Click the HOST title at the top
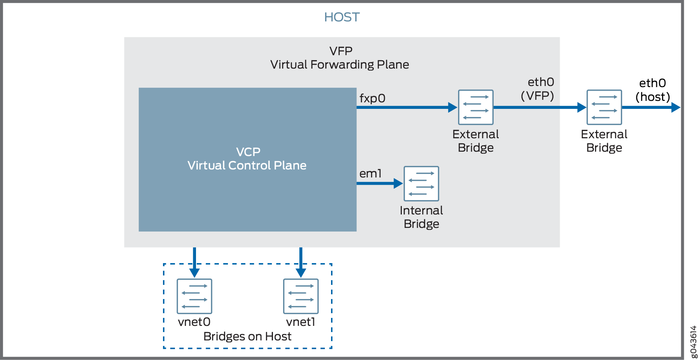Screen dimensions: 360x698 pos(342,17)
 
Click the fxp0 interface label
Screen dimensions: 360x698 pos(372,98)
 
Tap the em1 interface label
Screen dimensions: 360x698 pos(370,174)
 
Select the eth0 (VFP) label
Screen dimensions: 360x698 pos(538,89)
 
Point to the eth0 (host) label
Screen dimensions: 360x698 pos(652,90)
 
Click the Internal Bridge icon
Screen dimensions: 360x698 pos(421,184)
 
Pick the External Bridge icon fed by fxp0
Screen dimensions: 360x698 pos(475,107)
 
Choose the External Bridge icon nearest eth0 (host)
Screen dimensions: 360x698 pos(604,107)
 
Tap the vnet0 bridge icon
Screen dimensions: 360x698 pos(194,296)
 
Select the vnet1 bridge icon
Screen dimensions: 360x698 pos(301,296)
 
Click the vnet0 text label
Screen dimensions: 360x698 pos(194,322)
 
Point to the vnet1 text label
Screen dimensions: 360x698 pos(301,322)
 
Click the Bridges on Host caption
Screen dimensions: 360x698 pos(247,336)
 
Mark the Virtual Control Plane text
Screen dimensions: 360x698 pos(247,165)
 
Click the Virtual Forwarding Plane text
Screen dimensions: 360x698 pos(339,65)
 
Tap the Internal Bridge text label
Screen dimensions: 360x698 pos(421,217)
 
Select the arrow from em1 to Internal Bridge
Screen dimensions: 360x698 pos(379,183)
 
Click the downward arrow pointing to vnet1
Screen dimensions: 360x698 pos(301,262)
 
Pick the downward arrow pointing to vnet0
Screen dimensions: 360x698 pos(195,262)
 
